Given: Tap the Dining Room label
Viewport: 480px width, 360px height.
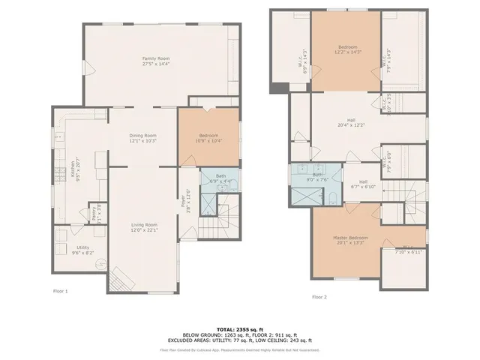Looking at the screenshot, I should [x=142, y=137].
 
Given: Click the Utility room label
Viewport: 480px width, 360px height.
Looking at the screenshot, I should [x=83, y=250].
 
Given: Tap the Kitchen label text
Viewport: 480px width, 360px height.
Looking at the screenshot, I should [x=73, y=169].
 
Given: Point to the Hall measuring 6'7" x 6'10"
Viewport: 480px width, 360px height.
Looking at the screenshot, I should [x=363, y=184].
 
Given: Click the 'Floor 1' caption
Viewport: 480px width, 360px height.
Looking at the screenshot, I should [x=61, y=290].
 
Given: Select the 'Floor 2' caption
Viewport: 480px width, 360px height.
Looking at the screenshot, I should [x=319, y=297].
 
